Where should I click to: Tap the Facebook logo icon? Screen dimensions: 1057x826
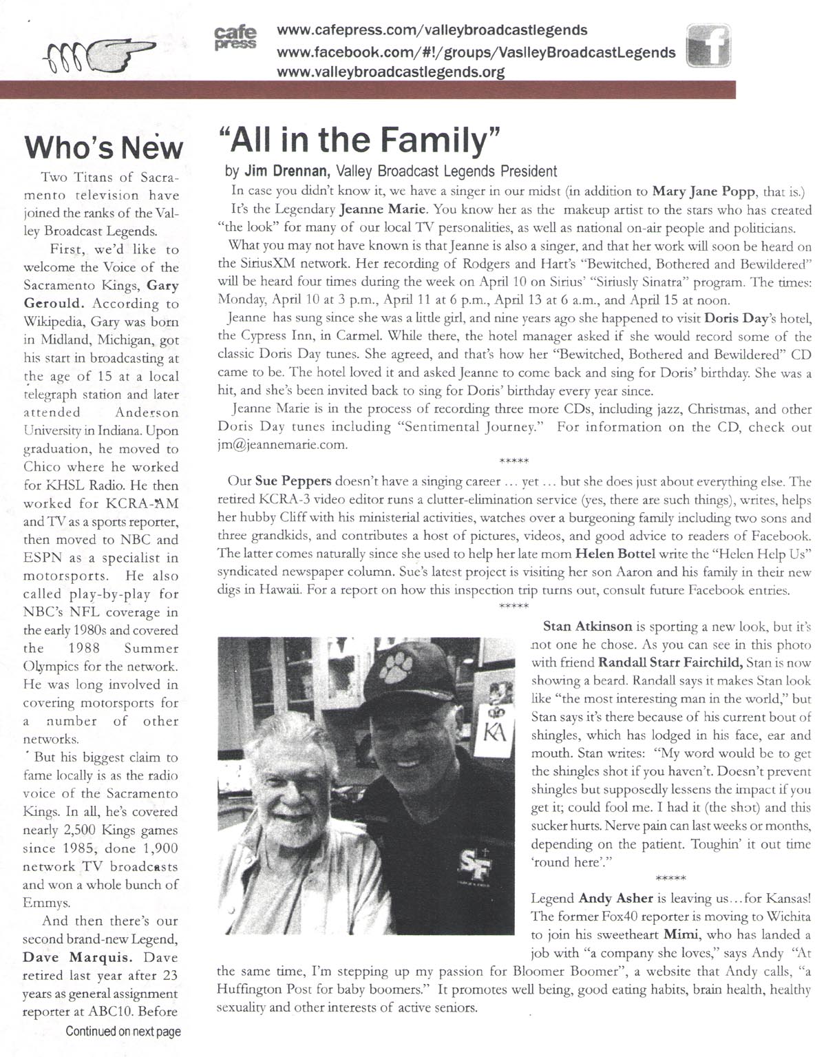(x=709, y=47)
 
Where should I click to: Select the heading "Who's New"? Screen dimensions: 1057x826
(x=104, y=147)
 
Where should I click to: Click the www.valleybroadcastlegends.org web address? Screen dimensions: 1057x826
(x=390, y=72)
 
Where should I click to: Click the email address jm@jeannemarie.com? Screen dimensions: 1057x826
(x=282, y=445)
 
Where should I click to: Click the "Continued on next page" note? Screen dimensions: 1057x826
(x=123, y=1032)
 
